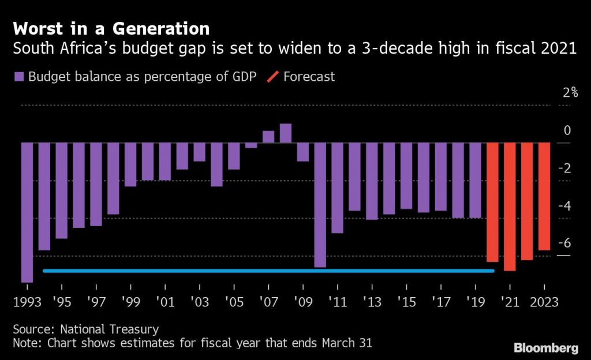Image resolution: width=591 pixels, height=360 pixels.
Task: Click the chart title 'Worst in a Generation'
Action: click(x=111, y=28)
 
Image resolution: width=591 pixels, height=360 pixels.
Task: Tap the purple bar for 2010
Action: click(x=320, y=205)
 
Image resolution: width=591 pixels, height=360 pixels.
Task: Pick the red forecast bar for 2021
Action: click(x=509, y=207)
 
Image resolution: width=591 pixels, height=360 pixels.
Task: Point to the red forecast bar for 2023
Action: click(x=544, y=196)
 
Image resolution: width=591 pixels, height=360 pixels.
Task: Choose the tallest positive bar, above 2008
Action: click(x=286, y=133)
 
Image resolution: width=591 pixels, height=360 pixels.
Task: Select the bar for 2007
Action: click(x=268, y=137)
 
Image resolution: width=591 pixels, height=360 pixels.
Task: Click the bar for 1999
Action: click(x=130, y=164)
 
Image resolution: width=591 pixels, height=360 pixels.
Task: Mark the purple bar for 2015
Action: click(x=406, y=176)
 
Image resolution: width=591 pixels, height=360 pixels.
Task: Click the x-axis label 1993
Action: click(x=27, y=302)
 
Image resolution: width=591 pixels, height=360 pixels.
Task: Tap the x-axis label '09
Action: click(x=302, y=302)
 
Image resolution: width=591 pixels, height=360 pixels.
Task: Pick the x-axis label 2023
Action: click(x=544, y=302)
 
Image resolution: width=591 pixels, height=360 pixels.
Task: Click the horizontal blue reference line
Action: click(x=268, y=271)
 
